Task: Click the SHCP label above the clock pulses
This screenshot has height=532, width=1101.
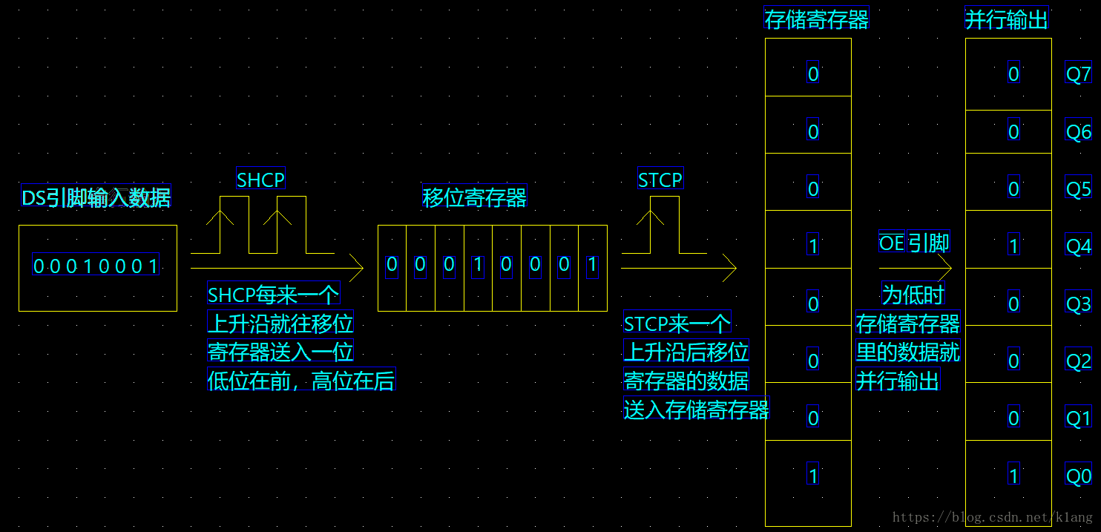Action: [260, 179]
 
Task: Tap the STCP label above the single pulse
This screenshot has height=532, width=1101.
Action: [660, 179]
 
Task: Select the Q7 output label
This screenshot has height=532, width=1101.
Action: [1079, 73]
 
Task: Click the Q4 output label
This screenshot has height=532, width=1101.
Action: [1079, 246]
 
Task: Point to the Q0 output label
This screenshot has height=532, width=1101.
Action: [1079, 476]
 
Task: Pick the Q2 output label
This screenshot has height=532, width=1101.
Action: [1079, 361]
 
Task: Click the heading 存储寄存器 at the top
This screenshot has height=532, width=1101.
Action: [816, 19]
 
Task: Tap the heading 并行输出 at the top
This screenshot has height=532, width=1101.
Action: [1007, 19]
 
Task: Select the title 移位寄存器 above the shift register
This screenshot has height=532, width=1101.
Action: [474, 196]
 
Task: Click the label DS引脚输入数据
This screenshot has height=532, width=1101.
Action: [96, 197]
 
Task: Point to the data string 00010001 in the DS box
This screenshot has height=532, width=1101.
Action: [96, 265]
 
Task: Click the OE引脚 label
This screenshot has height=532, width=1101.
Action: [914, 242]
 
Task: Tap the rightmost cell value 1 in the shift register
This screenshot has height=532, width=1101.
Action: [593, 266]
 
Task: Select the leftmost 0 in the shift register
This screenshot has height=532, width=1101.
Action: [392, 266]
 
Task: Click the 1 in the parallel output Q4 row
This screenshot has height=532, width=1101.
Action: [1013, 246]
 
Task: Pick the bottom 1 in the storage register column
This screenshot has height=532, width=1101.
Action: [813, 475]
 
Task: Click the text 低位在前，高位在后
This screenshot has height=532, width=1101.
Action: [301, 380]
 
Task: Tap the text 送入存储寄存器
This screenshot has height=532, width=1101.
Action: [696, 409]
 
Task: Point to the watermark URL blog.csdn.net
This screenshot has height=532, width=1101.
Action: [993, 516]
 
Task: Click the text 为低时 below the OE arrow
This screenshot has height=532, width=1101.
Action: [913, 294]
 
